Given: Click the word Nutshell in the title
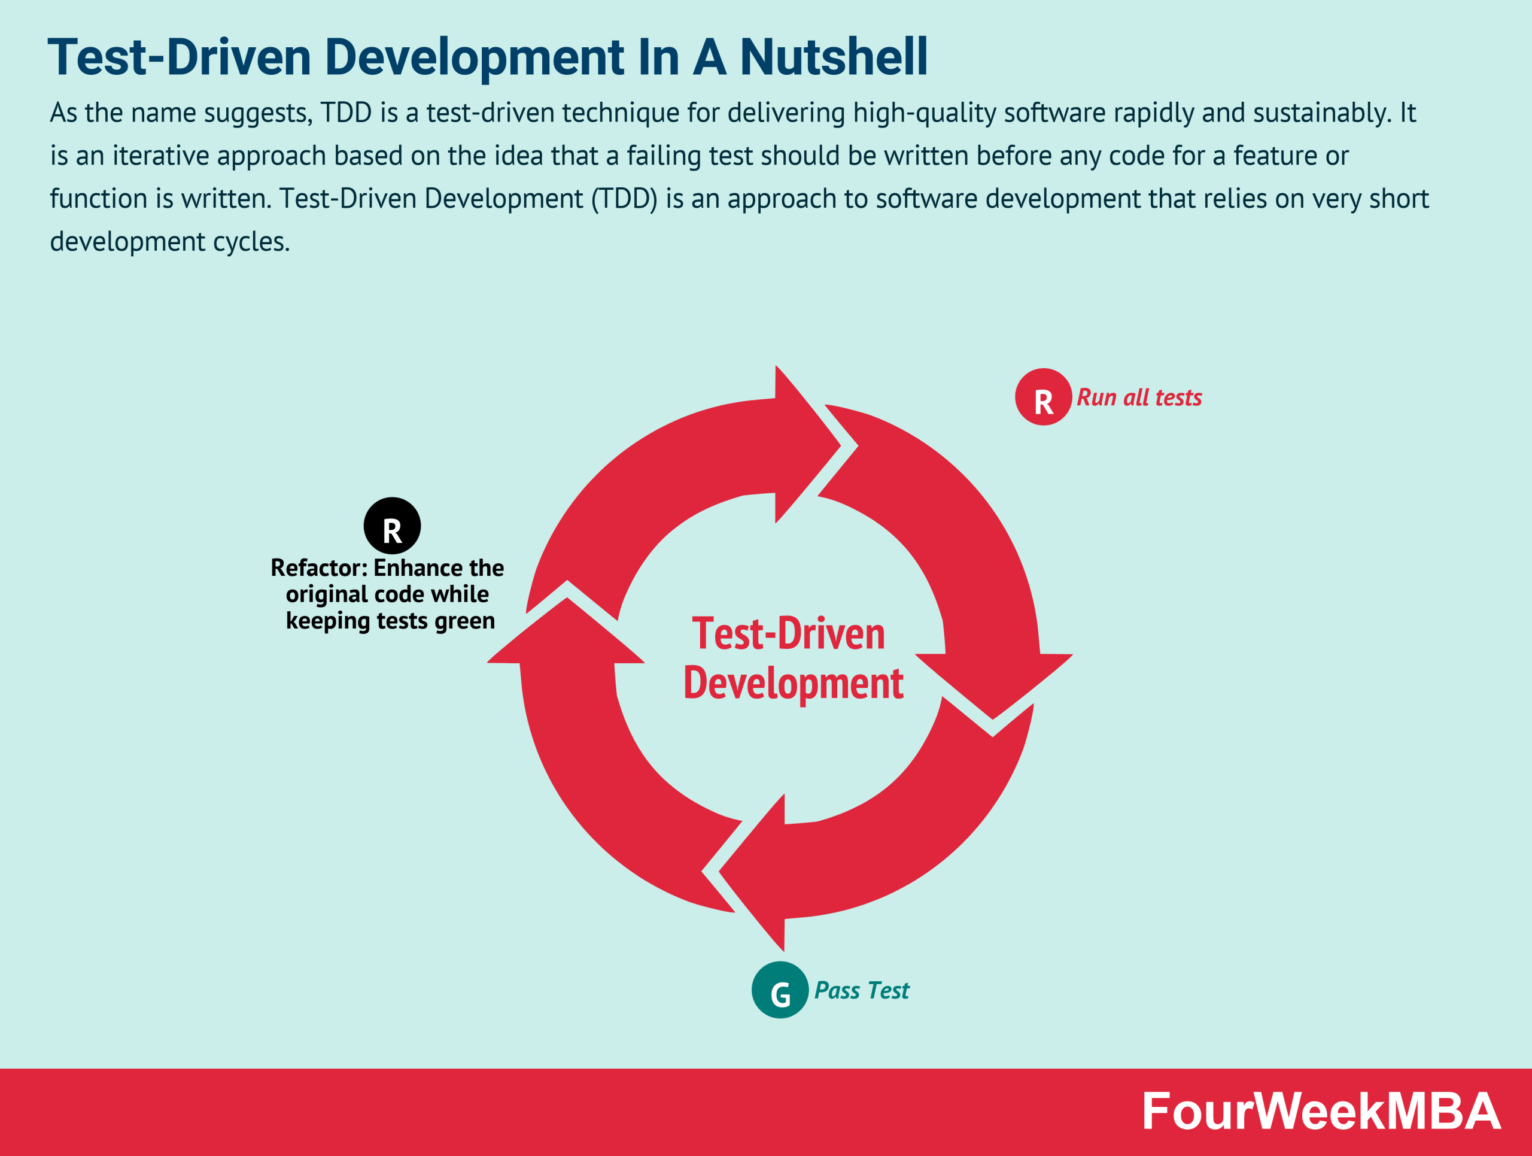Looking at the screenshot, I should pos(833,57).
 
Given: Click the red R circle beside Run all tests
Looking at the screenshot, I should pos(1043,397).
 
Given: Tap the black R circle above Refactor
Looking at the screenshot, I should pos(392,526).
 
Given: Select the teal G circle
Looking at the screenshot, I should pos(780,990).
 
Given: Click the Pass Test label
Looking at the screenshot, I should pos(861,990).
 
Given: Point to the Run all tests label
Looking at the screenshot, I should pos(1139,398).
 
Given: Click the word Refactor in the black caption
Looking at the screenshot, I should pos(316,568).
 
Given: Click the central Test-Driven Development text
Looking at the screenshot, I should pos(792,658).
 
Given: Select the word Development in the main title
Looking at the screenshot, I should pos(475,57).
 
